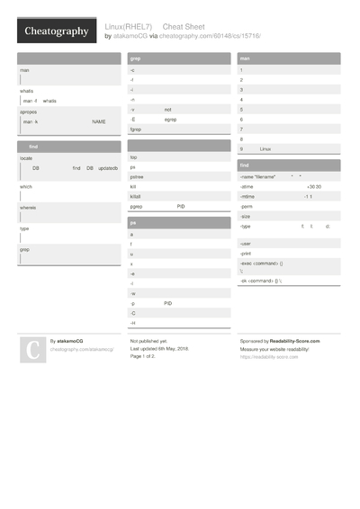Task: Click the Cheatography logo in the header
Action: click(x=56, y=31)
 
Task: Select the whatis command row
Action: click(x=27, y=91)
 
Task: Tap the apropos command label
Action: click(x=29, y=112)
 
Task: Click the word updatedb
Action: click(x=108, y=168)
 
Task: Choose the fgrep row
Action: click(x=136, y=129)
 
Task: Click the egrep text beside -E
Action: click(x=171, y=119)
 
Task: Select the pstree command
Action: click(x=138, y=176)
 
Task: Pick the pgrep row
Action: click(x=137, y=206)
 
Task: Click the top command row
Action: click(x=134, y=156)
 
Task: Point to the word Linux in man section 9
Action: click(x=265, y=148)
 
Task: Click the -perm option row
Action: click(x=247, y=206)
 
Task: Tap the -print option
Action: click(x=247, y=254)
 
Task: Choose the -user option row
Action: click(x=247, y=244)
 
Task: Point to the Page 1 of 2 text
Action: click(x=142, y=356)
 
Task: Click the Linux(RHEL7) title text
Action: click(x=129, y=27)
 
